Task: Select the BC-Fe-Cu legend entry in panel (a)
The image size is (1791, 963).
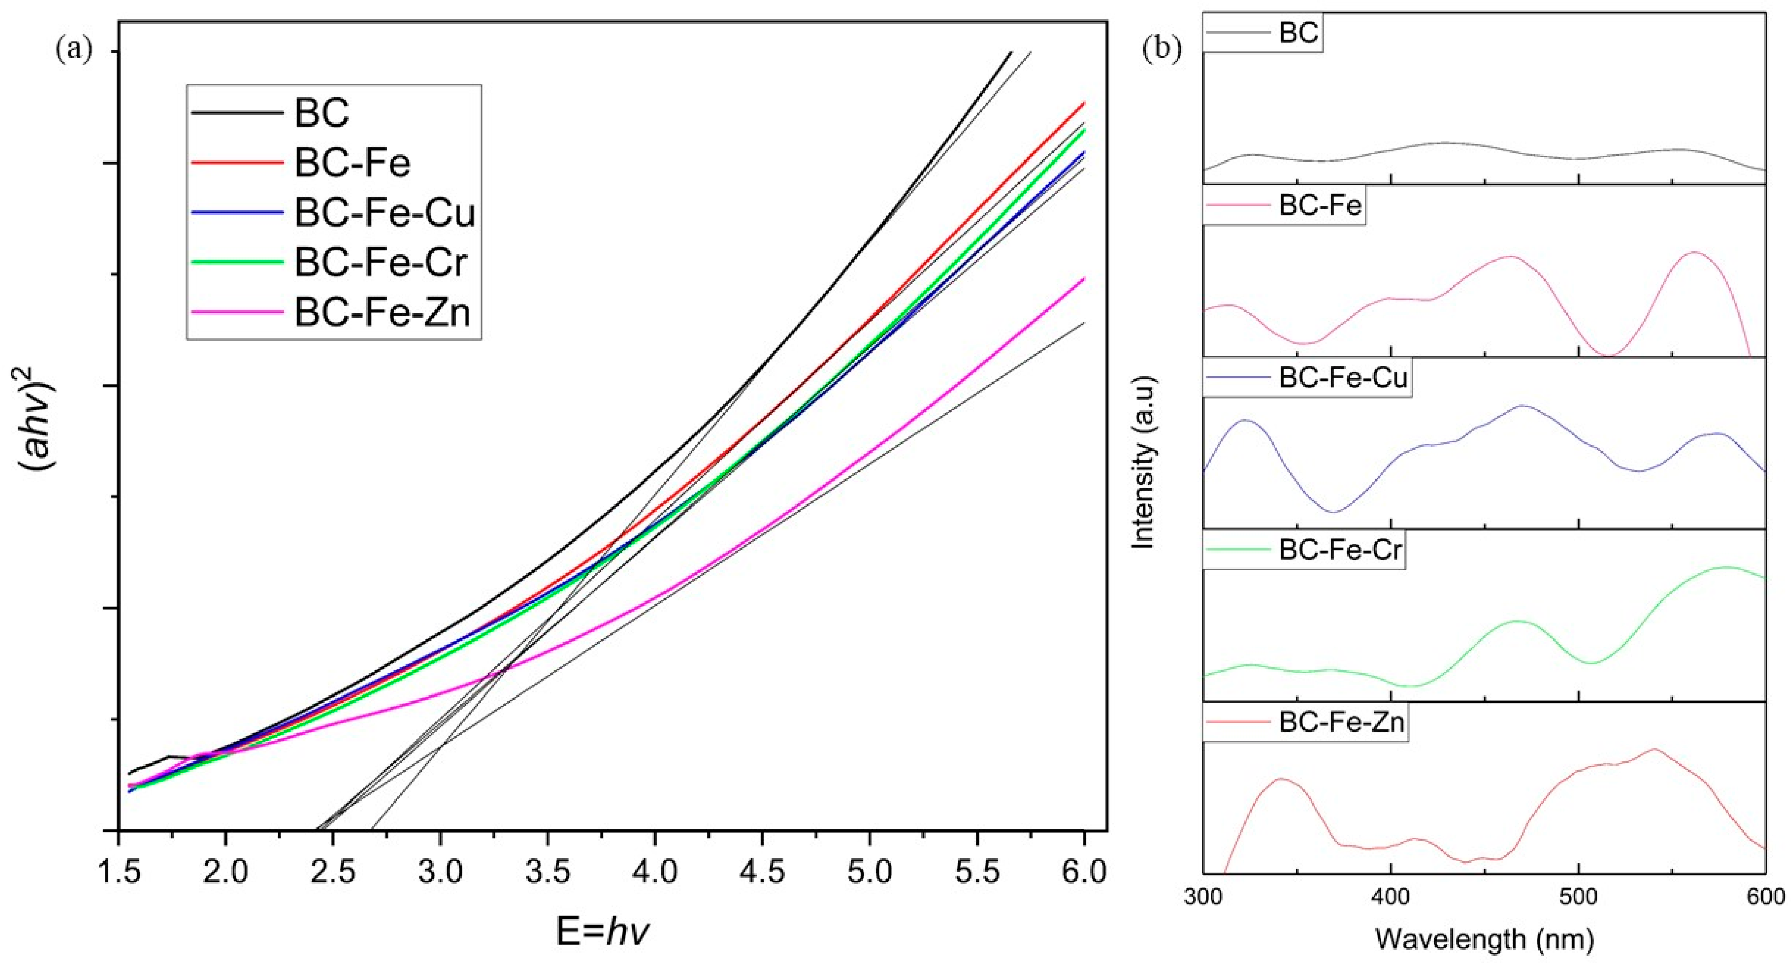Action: [384, 212]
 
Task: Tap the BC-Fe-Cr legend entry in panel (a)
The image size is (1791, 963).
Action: [381, 262]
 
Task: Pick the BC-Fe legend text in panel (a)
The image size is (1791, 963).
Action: [353, 163]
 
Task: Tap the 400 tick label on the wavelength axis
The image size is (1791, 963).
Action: [1390, 897]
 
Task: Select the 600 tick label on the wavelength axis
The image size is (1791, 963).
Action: [1765, 897]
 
